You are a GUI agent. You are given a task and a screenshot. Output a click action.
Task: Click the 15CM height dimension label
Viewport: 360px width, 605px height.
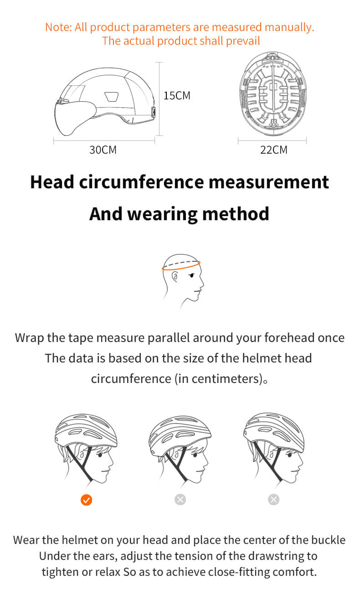[177, 96]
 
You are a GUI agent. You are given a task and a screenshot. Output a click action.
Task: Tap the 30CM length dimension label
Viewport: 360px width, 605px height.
[103, 150]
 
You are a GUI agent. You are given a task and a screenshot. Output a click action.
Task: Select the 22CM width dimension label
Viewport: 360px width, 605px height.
[273, 150]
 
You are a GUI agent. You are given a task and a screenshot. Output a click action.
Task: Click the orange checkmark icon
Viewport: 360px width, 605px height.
[87, 500]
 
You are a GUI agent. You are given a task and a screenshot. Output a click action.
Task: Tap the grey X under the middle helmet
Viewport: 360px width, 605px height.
[180, 499]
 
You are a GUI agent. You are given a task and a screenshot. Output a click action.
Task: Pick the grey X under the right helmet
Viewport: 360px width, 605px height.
[273, 499]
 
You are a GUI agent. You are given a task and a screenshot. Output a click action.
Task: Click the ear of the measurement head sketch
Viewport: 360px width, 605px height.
[175, 277]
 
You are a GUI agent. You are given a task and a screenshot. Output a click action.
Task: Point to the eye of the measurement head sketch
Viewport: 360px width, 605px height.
[192, 275]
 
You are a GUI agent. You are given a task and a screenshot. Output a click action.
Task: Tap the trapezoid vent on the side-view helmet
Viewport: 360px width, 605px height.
[112, 96]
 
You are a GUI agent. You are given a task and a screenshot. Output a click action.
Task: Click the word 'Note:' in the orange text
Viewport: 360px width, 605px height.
[58, 27]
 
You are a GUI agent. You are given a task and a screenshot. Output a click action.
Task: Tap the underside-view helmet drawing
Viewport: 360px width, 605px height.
[273, 93]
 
